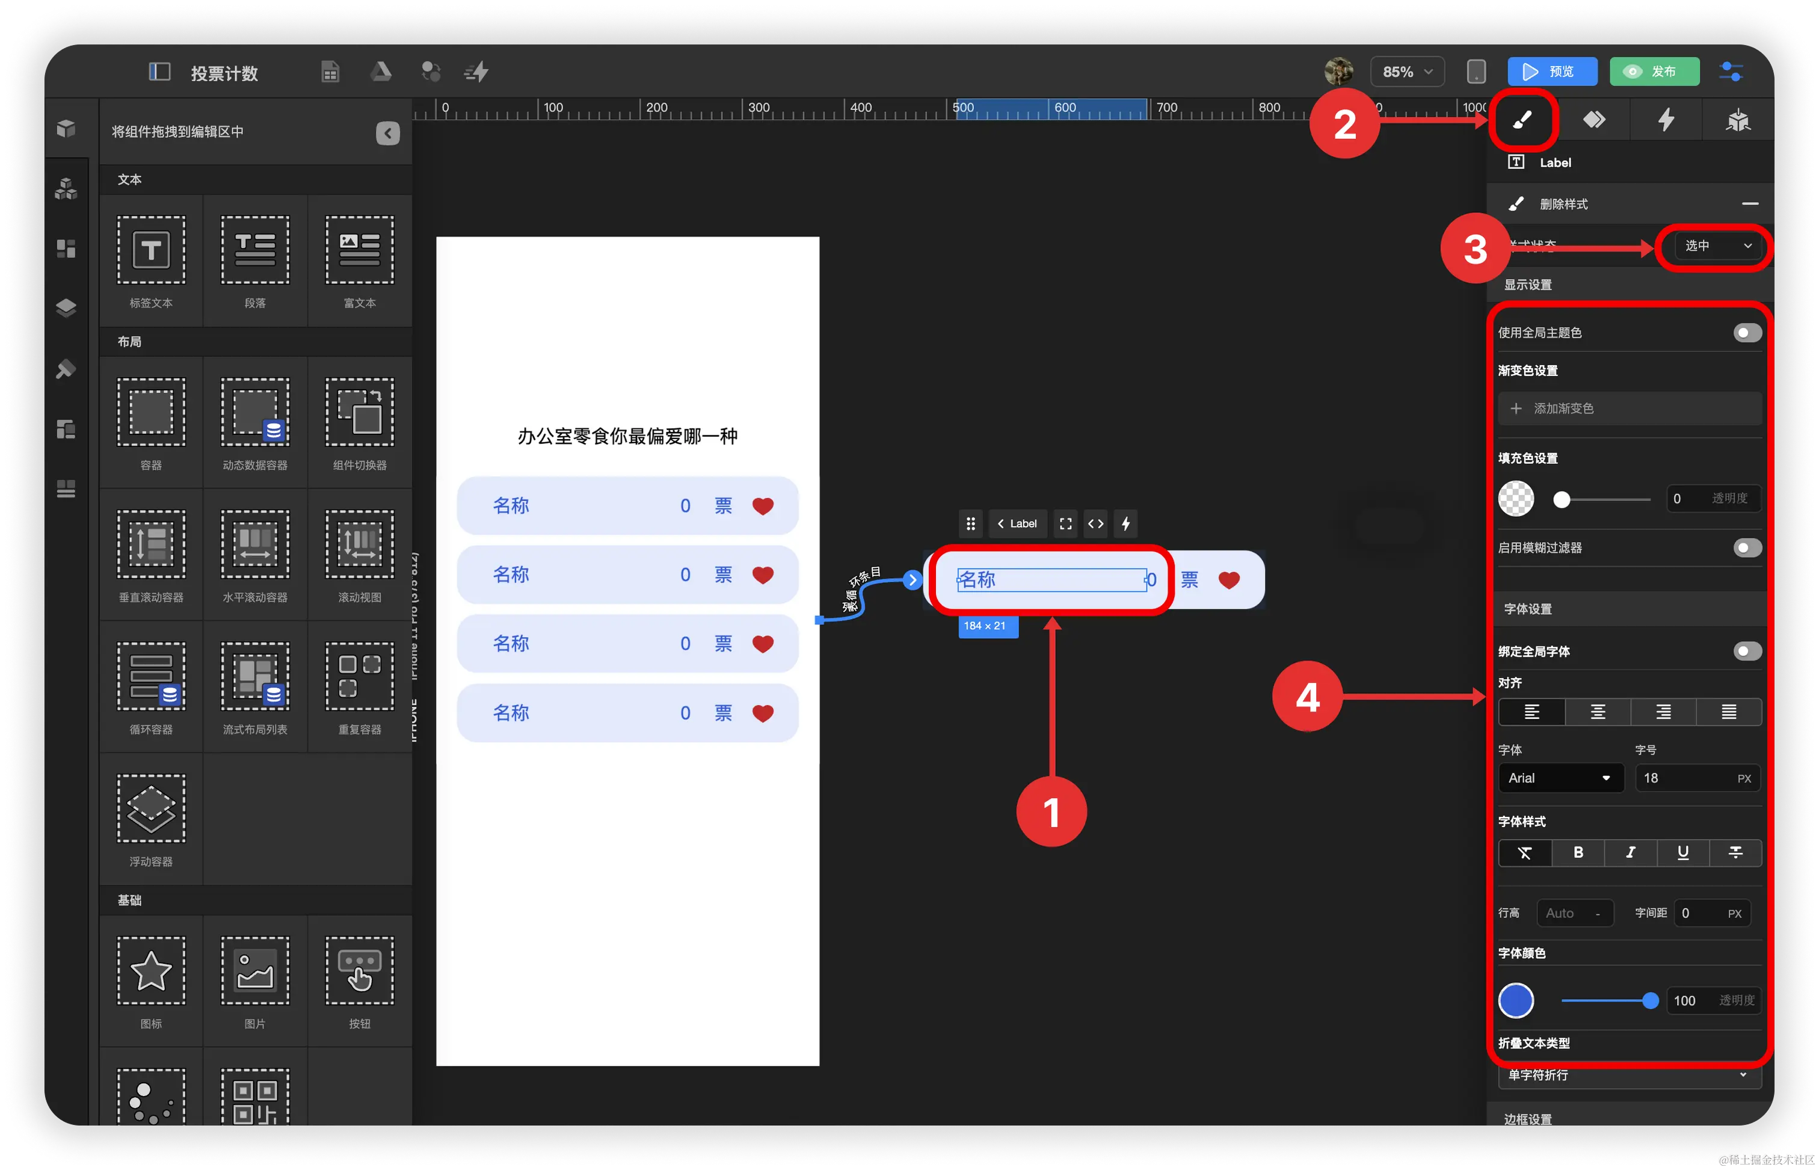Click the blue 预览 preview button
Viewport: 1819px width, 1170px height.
click(1552, 72)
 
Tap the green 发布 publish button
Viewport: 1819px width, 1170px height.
click(1654, 72)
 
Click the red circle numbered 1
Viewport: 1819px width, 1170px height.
click(1051, 811)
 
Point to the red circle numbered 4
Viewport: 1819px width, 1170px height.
click(1307, 697)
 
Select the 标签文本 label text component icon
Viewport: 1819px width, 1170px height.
click(150, 250)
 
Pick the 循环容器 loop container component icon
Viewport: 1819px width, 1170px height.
click(150, 676)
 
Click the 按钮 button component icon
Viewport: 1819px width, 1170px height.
click(359, 971)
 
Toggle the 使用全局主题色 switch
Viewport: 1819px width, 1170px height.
click(1747, 333)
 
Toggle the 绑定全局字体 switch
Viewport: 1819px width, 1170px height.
click(1747, 651)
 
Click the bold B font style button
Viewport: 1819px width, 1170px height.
click(1577, 852)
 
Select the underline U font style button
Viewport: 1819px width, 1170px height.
click(1682, 852)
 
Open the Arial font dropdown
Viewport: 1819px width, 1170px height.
click(1560, 778)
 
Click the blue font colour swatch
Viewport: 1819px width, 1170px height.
click(1515, 1000)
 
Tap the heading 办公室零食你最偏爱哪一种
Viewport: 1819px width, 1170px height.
click(627, 436)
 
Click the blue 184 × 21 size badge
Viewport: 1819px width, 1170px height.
click(986, 626)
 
